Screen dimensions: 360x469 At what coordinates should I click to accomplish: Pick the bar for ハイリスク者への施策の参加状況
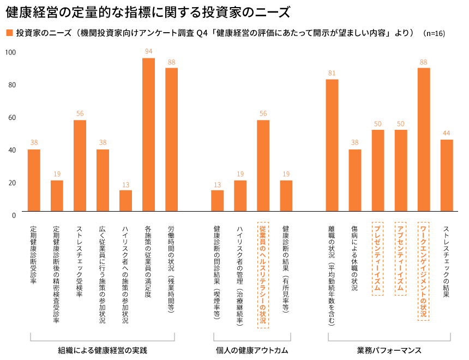pos(125,200)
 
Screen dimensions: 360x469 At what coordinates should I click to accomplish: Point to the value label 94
pos(148,51)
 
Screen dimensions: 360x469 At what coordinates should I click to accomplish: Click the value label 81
pos(332,73)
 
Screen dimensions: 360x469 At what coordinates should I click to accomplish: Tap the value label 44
pos(447,133)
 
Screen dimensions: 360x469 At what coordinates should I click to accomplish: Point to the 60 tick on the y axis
pos(11,117)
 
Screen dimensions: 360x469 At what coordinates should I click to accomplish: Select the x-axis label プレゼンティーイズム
pos(377,257)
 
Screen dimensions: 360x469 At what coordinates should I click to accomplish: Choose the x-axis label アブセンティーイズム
pos(400,257)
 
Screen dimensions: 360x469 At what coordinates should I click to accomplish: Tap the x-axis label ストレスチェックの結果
pos(446,261)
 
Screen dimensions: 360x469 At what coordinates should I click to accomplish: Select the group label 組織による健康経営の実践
pos(103,350)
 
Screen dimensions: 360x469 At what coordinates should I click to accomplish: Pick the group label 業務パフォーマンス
pos(389,350)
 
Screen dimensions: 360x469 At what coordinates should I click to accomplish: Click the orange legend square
pos(9,32)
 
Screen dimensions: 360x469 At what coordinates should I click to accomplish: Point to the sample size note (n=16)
pos(434,33)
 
